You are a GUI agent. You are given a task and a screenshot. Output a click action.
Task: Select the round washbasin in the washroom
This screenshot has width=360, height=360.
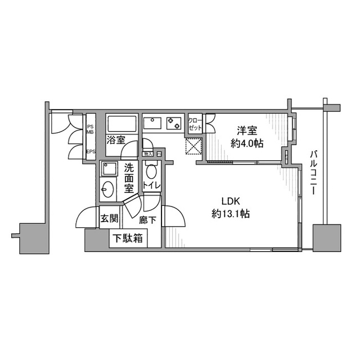tap(108, 191)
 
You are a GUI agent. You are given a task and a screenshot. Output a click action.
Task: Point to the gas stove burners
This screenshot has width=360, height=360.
tap(173, 121)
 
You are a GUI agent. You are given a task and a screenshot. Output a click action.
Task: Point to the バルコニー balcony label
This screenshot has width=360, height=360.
tap(313, 172)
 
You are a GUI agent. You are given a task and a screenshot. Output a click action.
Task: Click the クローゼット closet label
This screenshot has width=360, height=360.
tap(195, 124)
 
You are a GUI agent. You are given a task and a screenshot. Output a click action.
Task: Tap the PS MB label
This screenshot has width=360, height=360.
tap(90, 127)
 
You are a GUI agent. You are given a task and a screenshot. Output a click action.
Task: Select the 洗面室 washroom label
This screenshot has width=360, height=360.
tap(129, 176)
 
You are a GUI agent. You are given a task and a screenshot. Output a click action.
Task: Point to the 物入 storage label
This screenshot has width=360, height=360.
tap(148, 154)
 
